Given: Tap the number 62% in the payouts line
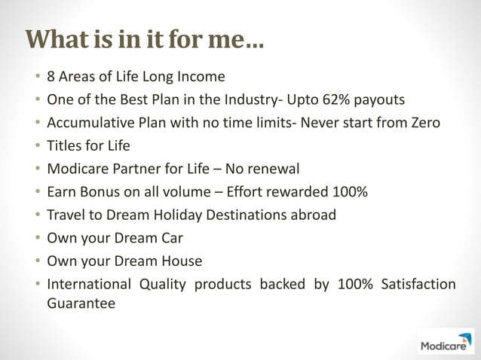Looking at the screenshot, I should click(x=331, y=99).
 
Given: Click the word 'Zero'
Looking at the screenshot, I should click(x=424, y=122).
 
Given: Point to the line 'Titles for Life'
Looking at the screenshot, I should click(x=88, y=145).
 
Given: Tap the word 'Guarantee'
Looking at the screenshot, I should click(x=81, y=304).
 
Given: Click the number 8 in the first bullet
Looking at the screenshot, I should click(x=51, y=76).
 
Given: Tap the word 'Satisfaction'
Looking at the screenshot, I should click(x=418, y=285).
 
